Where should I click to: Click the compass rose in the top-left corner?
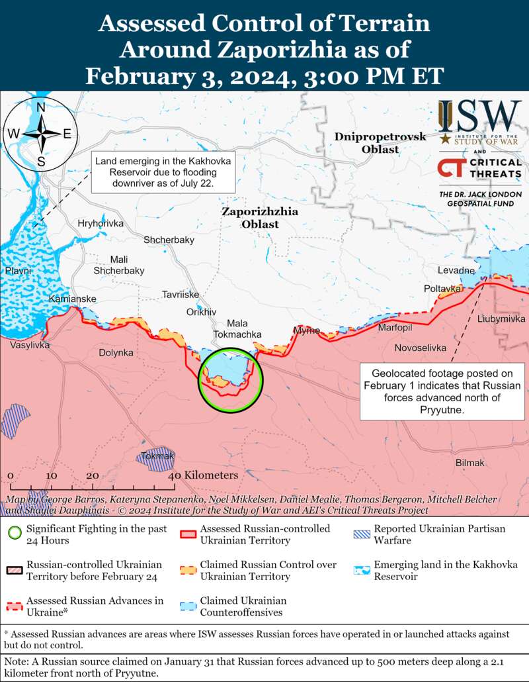pos(40,133)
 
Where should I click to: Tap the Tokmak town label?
pos(157,456)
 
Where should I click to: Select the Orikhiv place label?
pos(201,312)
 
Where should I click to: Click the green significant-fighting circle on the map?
pos(231,380)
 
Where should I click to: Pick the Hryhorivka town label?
pos(101,223)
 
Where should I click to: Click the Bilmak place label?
pos(470,462)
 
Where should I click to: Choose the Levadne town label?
pos(456,270)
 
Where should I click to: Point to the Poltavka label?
pos(442,289)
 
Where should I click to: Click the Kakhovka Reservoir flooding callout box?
pos(155,172)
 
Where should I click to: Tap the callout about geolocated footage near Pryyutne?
pos(442,391)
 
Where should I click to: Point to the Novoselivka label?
pos(420,348)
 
